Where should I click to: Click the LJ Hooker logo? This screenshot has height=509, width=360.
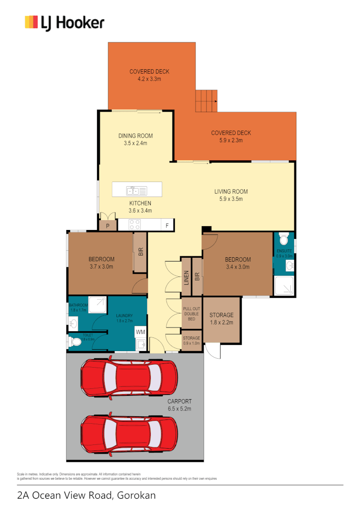click(x=65, y=22)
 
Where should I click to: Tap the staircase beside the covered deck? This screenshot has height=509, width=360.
click(x=206, y=100)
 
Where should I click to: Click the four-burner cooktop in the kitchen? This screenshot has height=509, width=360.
click(x=134, y=225)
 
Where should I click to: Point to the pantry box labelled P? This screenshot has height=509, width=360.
click(x=108, y=226)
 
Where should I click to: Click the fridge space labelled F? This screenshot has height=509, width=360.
click(x=167, y=226)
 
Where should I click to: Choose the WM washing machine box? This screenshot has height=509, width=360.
click(x=140, y=332)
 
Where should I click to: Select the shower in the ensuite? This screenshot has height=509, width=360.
click(x=284, y=286)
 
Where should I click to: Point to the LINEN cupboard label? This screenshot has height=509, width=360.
click(x=186, y=278)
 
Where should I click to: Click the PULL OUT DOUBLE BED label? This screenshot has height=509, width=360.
click(x=191, y=314)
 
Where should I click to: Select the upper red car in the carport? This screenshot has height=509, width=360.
click(x=129, y=378)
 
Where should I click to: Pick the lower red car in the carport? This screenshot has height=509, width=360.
click(x=129, y=433)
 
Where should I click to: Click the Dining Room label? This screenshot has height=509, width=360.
click(x=135, y=136)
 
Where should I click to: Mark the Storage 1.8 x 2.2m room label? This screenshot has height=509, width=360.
click(x=221, y=319)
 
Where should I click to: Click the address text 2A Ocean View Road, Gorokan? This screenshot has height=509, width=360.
click(x=86, y=495)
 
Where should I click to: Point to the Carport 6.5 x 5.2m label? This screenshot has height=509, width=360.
click(x=179, y=405)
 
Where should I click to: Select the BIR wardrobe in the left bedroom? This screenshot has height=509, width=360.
click(x=140, y=252)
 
